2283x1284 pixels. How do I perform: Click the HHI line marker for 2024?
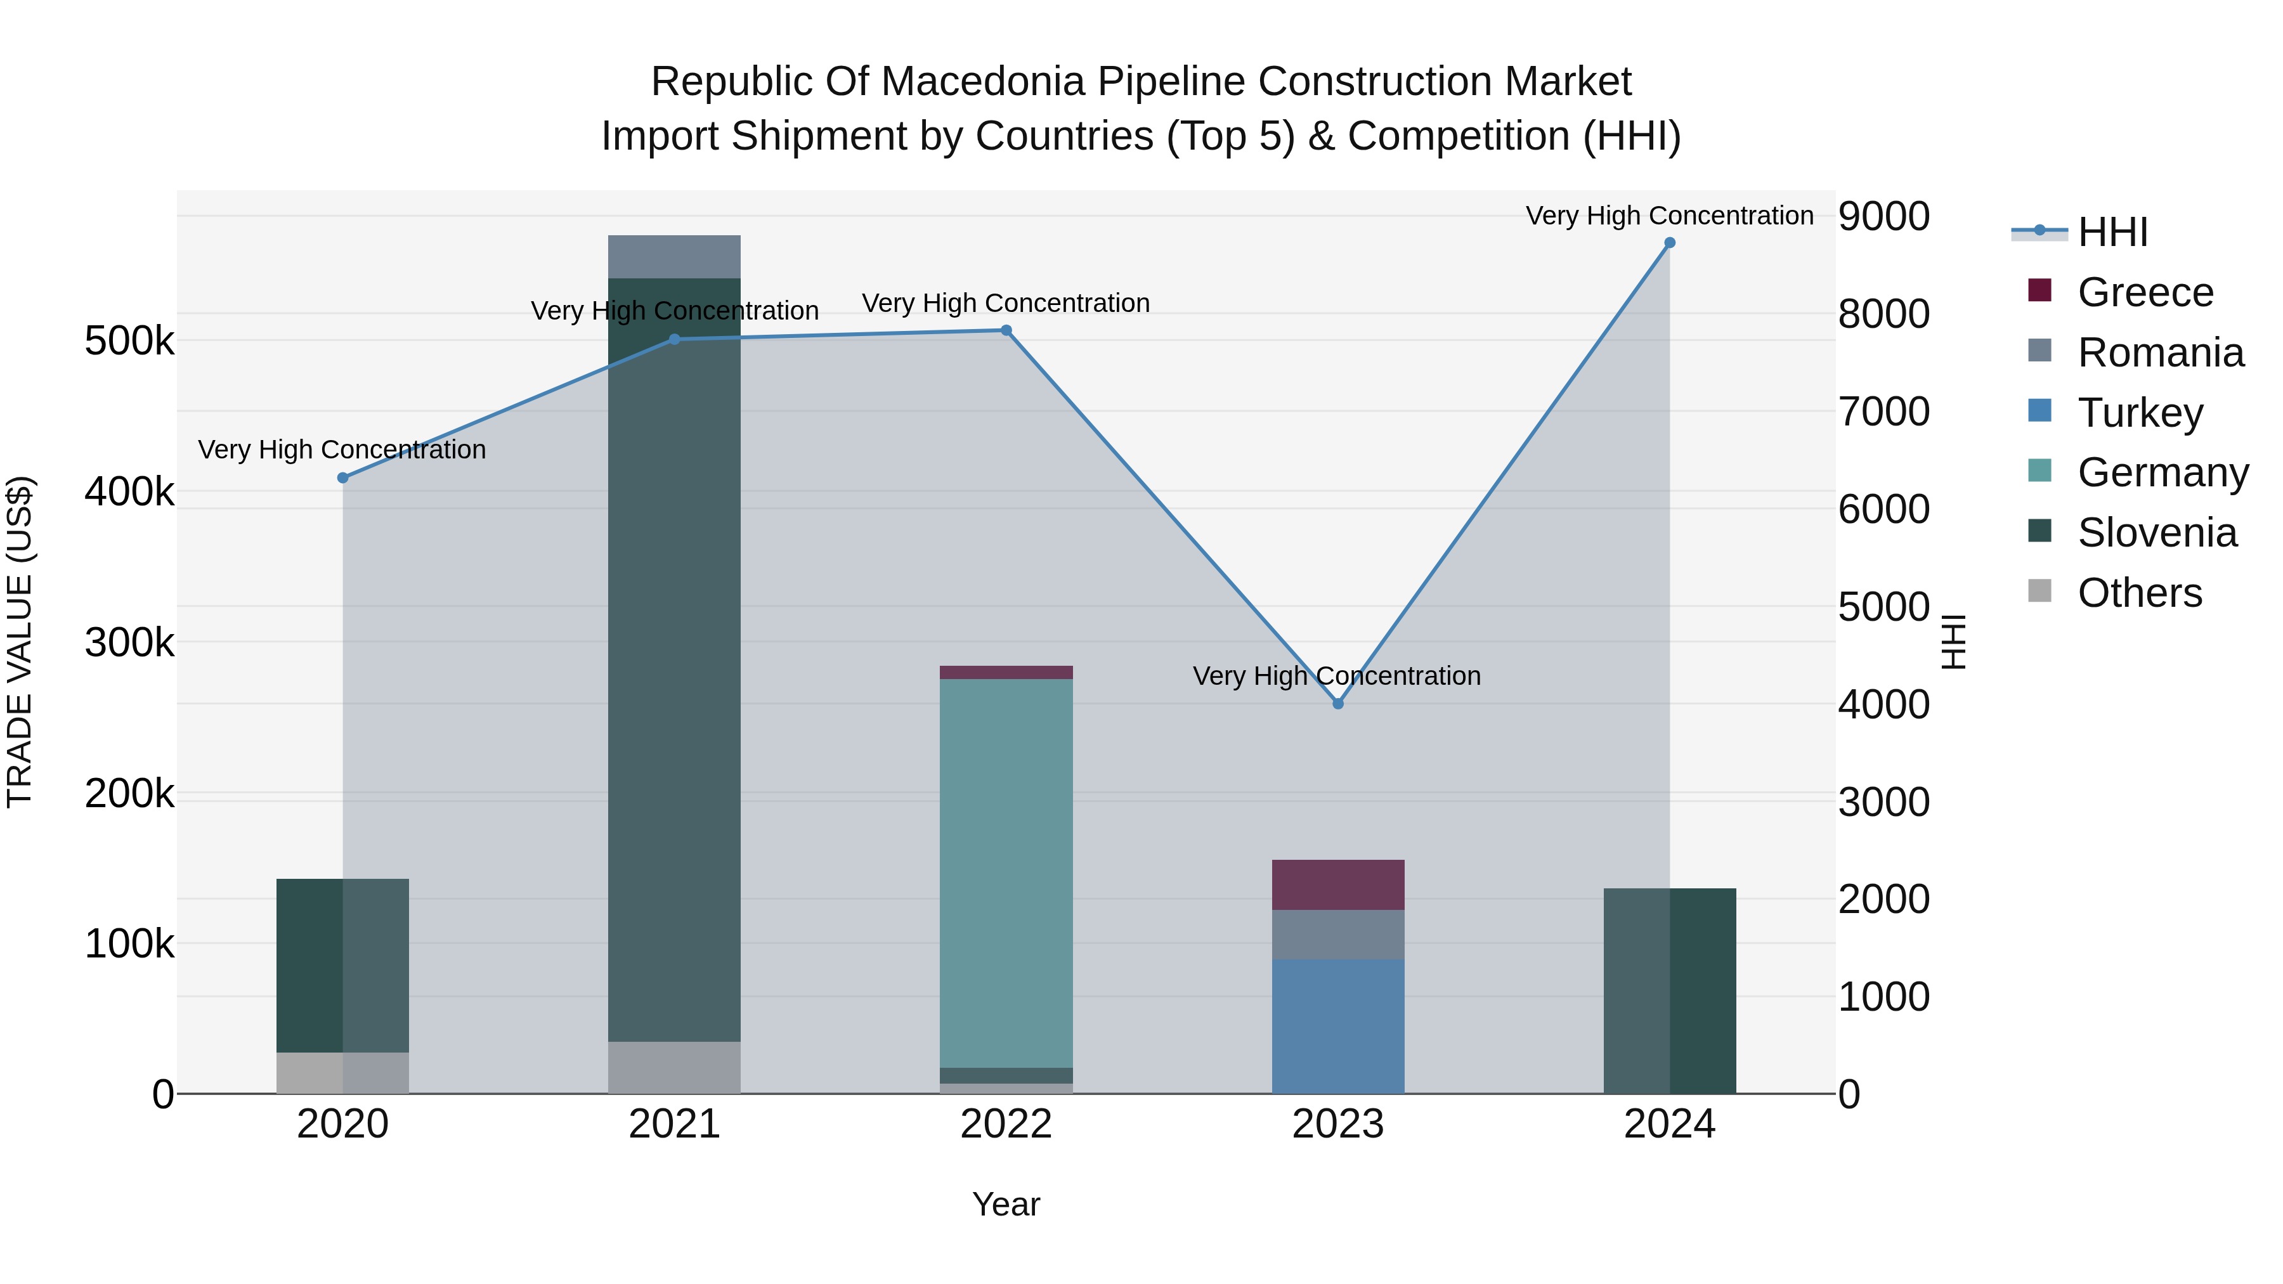click(1670, 243)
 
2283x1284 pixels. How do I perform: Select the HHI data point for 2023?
click(1338, 704)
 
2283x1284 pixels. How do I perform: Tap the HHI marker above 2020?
click(343, 477)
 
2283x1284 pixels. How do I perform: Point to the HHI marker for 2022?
click(1006, 330)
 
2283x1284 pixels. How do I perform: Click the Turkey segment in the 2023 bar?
click(1338, 1026)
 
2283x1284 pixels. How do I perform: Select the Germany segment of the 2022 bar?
click(1006, 873)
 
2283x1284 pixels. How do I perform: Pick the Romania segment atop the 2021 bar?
click(675, 257)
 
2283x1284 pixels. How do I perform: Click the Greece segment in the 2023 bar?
click(1338, 885)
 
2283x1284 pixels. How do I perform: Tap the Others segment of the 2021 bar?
click(675, 1067)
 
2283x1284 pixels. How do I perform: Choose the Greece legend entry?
click(2145, 292)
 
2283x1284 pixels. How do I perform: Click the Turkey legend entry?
click(2140, 413)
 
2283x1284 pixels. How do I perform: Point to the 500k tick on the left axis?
click(129, 341)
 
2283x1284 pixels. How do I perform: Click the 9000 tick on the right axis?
click(1883, 216)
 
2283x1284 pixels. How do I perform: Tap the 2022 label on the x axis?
click(1006, 1124)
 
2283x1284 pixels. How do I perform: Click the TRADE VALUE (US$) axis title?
click(20, 642)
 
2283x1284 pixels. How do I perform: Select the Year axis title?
click(1006, 1204)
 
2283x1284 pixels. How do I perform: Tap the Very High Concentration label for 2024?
click(1670, 216)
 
